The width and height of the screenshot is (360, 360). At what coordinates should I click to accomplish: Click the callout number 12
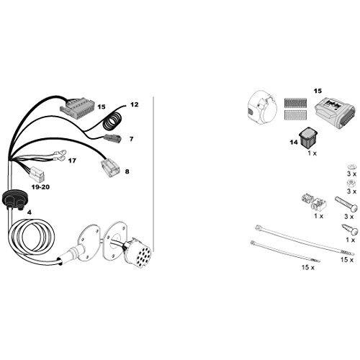[135, 104]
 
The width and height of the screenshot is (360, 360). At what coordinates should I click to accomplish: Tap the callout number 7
[131, 139]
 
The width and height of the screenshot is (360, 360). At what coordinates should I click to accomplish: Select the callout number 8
[127, 171]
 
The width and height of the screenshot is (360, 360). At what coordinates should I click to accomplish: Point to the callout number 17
[72, 161]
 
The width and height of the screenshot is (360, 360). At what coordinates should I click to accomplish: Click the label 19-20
[40, 187]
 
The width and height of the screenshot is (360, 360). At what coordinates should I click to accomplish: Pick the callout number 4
[30, 212]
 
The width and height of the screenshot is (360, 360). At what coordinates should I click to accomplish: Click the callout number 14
[294, 143]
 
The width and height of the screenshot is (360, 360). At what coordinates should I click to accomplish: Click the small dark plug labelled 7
[111, 138]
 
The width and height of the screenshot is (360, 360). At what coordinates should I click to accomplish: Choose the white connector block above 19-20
[37, 174]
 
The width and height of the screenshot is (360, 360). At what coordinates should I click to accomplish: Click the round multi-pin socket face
[143, 254]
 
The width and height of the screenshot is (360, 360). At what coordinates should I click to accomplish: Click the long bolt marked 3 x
[346, 204]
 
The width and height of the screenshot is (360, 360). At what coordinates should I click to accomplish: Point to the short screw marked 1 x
[350, 230]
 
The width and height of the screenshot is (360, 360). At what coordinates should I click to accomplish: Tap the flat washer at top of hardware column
[351, 166]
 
